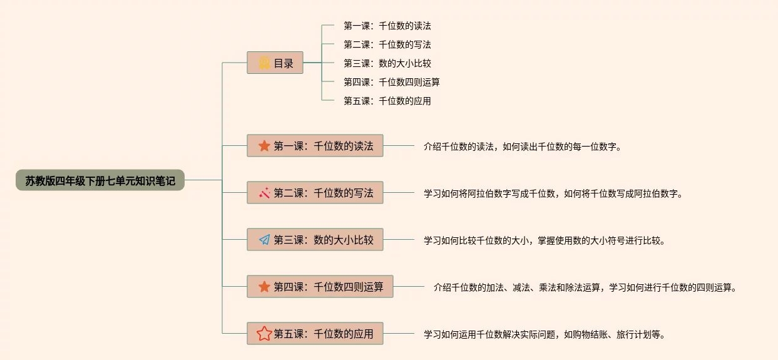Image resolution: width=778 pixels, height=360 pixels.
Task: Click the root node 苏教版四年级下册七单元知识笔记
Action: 100,180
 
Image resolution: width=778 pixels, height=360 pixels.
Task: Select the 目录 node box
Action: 275,63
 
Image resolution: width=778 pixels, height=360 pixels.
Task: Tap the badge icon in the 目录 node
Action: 264,63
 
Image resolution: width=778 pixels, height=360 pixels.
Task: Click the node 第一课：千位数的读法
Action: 315,146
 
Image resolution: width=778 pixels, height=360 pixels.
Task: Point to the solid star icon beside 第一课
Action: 264,146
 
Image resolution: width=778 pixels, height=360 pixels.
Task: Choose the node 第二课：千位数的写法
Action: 315,193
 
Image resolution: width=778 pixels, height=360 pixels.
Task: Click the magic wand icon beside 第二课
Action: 264,193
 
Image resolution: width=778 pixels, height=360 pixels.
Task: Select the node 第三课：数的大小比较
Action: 315,240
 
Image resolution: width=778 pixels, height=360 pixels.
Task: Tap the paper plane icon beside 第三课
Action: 264,240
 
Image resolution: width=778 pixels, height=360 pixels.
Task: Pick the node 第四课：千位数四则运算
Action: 320,287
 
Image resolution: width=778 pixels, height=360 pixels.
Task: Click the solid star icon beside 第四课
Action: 264,287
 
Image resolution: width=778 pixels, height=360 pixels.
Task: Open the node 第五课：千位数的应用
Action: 315,334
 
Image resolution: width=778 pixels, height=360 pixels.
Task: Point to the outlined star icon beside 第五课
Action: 264,334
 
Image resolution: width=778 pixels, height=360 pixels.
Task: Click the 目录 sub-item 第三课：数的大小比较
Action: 387,63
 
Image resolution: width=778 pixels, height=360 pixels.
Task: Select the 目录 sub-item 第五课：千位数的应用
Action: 387,100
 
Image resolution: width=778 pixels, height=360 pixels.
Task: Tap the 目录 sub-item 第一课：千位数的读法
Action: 387,26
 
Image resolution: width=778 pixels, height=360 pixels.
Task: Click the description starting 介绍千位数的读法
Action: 522,147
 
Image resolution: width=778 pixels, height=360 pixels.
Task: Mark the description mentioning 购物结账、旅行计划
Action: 544,334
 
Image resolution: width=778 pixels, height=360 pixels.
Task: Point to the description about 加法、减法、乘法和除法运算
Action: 585,287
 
